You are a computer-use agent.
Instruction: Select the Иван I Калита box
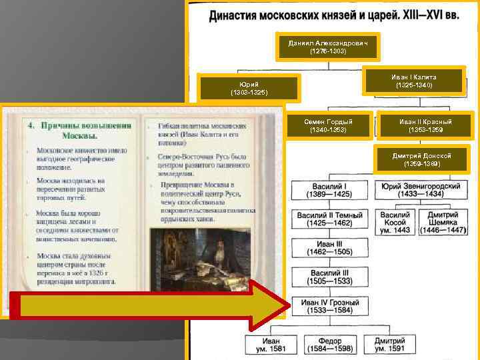413,81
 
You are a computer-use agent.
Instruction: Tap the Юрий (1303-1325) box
249,88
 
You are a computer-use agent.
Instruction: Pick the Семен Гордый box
328,125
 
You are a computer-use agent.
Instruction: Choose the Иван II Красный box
425,125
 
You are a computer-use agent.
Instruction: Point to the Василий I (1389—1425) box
330,189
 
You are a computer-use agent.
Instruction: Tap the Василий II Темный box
330,220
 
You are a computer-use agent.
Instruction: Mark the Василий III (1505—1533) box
330,277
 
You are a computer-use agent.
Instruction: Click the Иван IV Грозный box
330,307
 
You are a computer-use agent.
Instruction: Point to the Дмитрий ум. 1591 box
392,345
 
